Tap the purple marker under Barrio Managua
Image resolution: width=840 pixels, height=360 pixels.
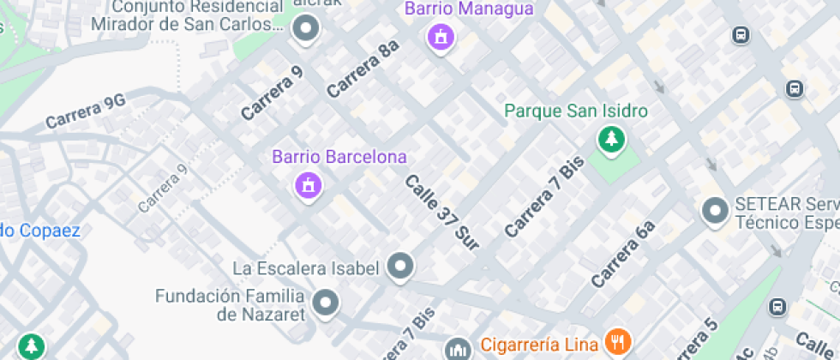click(x=441, y=38)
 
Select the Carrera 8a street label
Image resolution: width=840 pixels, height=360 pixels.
click(x=363, y=68)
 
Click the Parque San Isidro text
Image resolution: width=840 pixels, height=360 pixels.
click(x=575, y=111)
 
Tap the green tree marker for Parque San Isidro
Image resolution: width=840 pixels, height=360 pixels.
click(x=611, y=140)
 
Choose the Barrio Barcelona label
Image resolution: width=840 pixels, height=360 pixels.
click(x=339, y=158)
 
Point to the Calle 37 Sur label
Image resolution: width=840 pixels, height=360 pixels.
click(x=441, y=213)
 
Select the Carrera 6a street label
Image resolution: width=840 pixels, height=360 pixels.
click(x=622, y=253)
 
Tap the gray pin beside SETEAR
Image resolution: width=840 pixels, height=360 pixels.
click(x=714, y=210)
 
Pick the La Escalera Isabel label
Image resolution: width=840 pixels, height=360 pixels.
click(x=306, y=268)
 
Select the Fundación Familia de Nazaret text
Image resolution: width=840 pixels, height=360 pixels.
click(x=231, y=305)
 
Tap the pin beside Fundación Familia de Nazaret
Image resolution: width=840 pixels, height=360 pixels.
click(x=325, y=303)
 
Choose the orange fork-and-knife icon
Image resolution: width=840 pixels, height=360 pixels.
click(x=616, y=343)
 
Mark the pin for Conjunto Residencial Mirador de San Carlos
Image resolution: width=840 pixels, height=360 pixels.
click(x=305, y=31)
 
